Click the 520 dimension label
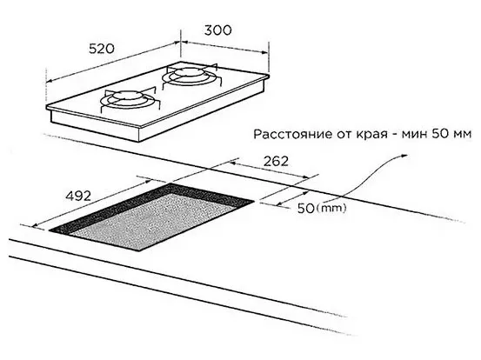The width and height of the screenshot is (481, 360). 102,49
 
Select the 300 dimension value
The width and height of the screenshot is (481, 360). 218,30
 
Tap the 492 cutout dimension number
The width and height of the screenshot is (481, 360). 78,196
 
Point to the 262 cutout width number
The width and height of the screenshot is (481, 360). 276,161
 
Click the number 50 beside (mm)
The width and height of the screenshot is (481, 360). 306,209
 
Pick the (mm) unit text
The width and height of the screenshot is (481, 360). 331,208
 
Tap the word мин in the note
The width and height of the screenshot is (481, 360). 414,134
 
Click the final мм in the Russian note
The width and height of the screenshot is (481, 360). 461,134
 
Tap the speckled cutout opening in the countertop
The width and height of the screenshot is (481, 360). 151,217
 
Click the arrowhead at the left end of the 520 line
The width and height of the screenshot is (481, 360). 50,81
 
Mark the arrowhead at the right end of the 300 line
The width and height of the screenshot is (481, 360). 264,52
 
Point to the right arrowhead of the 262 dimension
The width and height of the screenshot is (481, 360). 305,177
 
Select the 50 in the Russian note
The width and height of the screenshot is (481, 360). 439,134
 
